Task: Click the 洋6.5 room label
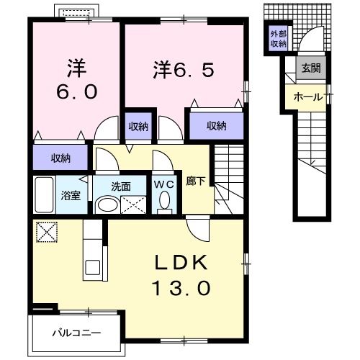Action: tap(184, 69)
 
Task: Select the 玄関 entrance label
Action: tap(311, 68)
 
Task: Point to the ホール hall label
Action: tap(308, 97)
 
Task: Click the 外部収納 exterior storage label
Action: tap(279, 39)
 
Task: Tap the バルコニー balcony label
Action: tap(76, 333)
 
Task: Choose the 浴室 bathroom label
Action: tap(71, 195)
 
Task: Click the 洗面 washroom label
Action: tap(121, 186)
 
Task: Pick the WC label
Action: tap(164, 184)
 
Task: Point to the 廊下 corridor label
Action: tap(196, 181)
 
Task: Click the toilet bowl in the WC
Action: tap(165, 200)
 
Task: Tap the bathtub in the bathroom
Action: tap(44, 194)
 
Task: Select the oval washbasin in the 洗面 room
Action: tap(107, 205)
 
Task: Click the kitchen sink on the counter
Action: tap(92, 267)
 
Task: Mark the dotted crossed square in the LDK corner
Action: tap(47, 232)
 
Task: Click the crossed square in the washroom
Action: tap(133, 204)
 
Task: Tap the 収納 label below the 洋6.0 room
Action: tap(60, 158)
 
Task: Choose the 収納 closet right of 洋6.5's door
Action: tap(217, 125)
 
